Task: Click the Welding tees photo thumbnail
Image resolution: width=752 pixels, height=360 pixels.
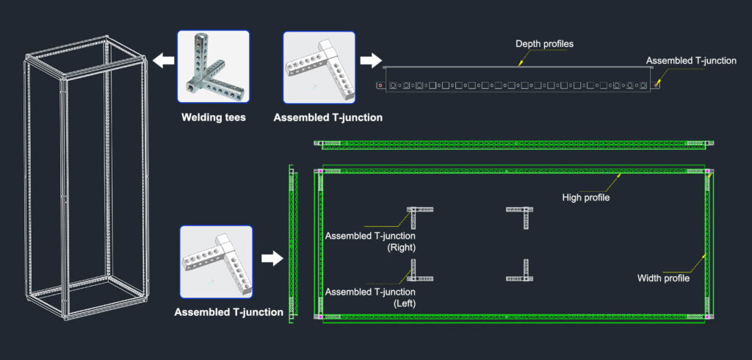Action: (214, 67)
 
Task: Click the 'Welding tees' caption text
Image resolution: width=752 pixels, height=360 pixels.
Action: (214, 117)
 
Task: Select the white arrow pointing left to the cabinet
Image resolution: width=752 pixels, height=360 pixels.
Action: (164, 61)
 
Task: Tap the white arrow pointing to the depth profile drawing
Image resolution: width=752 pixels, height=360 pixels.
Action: (371, 61)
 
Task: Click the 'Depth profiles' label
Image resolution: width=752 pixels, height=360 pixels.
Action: (544, 44)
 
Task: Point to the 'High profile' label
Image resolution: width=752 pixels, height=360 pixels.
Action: (585, 197)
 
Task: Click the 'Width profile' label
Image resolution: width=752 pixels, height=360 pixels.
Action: (663, 278)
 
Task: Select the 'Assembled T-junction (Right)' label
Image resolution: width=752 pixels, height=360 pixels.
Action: (370, 242)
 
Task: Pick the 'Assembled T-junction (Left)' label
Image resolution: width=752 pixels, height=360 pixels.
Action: (370, 298)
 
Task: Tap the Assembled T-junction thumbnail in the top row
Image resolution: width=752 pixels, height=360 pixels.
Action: (319, 67)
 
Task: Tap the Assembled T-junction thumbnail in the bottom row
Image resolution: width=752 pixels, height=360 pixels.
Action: (216, 262)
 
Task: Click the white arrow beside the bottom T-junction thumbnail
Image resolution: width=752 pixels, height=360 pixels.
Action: (272, 259)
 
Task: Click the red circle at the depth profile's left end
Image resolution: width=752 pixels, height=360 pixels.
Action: (380, 85)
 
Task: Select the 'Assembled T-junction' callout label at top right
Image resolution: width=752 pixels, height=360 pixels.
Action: (691, 61)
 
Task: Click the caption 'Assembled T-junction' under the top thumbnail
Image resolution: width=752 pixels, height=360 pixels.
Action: (328, 118)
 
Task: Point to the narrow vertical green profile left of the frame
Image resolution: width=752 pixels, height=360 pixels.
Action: (293, 245)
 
